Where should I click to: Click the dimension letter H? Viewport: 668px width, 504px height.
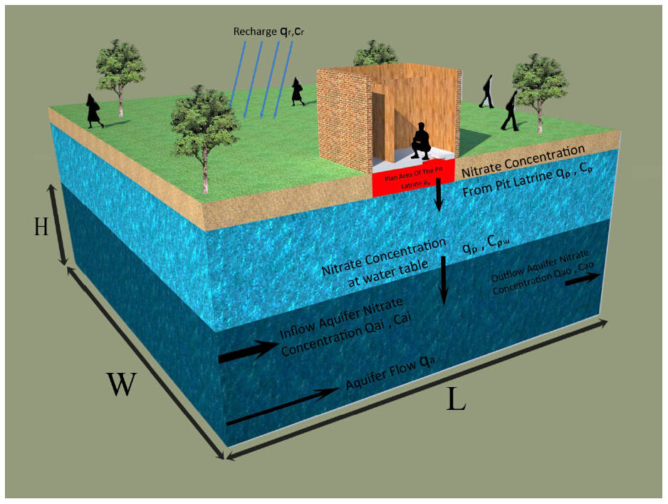tap(42, 227)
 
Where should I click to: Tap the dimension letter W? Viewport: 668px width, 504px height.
tap(122, 385)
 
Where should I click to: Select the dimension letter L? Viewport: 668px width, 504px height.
tap(456, 400)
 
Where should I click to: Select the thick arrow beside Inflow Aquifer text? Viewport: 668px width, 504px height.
tap(246, 351)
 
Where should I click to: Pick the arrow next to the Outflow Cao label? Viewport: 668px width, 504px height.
tap(579, 279)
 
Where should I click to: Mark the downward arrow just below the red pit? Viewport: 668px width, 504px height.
tap(439, 197)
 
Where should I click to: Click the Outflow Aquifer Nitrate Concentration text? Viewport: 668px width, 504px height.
tap(543, 274)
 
